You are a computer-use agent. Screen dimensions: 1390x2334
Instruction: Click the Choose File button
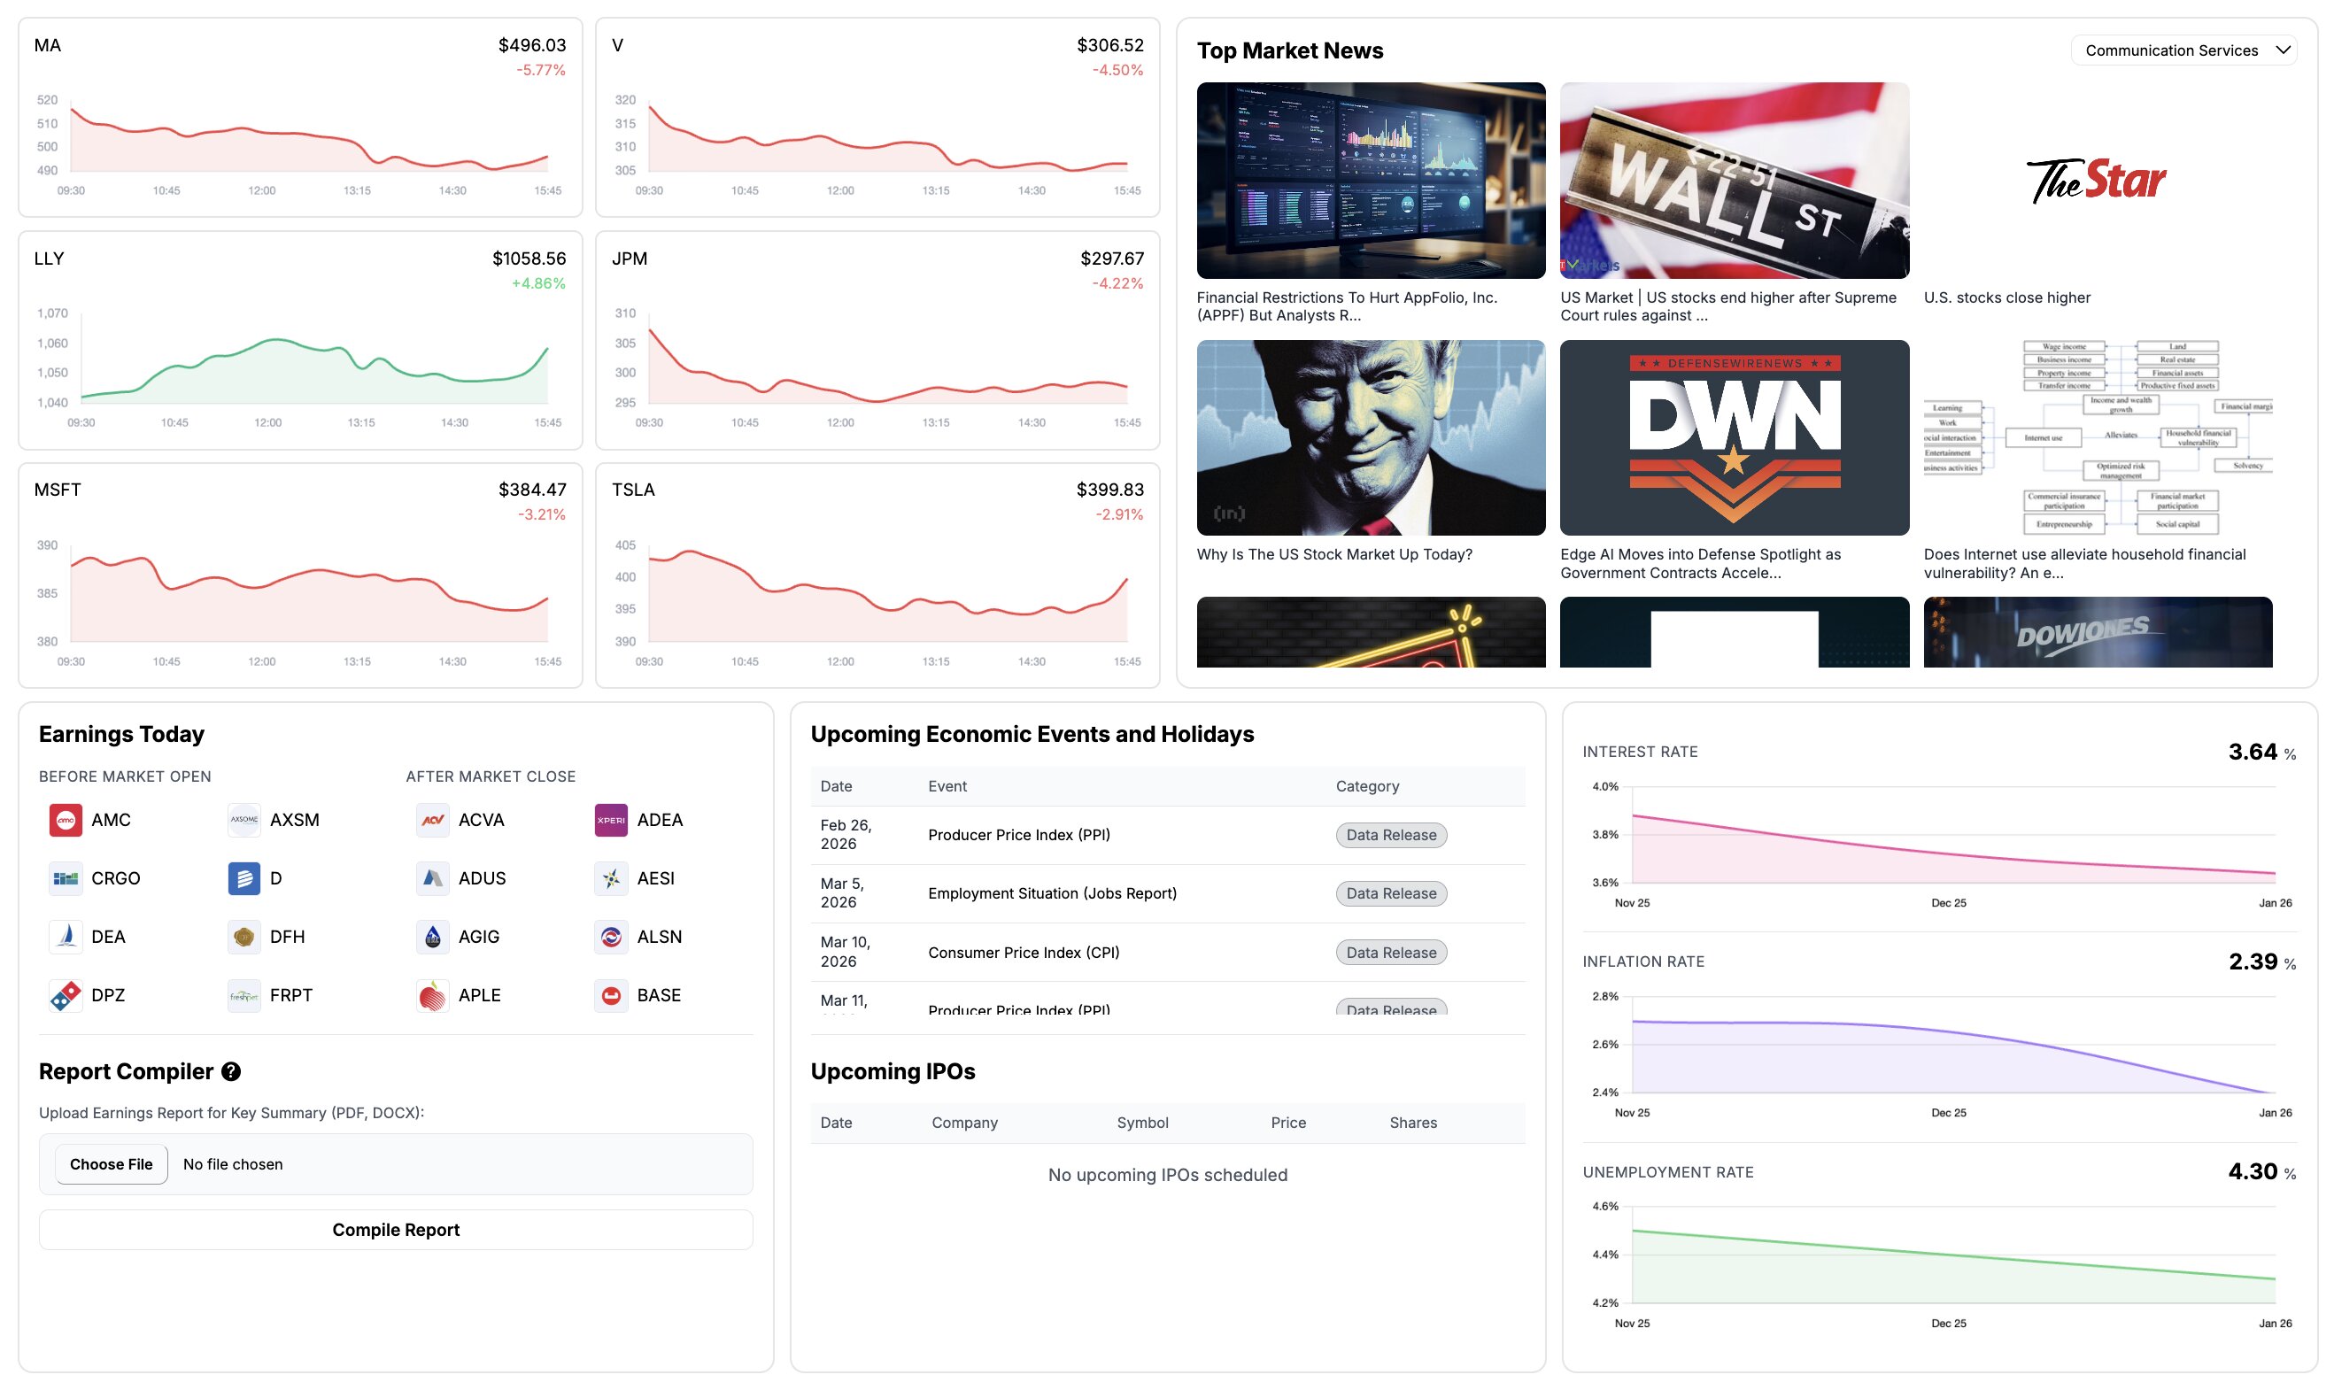click(111, 1164)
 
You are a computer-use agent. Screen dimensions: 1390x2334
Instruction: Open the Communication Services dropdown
click(2185, 50)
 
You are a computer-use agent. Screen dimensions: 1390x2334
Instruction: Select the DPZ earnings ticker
click(108, 995)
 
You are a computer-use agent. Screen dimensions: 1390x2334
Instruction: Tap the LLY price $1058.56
click(529, 259)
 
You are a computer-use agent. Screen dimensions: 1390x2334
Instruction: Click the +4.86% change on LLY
click(537, 283)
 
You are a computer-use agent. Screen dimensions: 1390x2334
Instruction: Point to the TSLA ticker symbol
click(633, 490)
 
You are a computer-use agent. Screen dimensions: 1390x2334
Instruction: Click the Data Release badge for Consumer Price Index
click(1390, 953)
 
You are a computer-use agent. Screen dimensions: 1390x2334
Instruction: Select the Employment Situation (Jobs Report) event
click(1052, 893)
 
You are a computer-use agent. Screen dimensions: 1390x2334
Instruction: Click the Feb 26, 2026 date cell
click(845, 835)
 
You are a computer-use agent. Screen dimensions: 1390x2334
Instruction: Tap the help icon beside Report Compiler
click(231, 1071)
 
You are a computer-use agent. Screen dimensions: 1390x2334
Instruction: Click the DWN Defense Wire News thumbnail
click(1734, 437)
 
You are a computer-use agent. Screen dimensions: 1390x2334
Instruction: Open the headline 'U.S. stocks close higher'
click(2006, 297)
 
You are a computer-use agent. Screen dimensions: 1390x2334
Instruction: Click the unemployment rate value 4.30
click(2252, 1171)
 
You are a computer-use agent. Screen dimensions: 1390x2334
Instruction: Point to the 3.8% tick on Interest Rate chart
click(1604, 835)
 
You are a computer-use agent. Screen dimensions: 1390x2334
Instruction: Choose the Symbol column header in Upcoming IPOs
click(1141, 1123)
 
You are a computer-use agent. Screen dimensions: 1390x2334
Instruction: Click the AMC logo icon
click(66, 821)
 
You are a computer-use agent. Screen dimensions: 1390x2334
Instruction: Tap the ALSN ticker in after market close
click(659, 937)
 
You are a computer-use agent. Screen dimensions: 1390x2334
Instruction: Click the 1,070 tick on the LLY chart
click(52, 313)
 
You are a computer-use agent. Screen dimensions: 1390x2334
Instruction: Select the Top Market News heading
click(1289, 50)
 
